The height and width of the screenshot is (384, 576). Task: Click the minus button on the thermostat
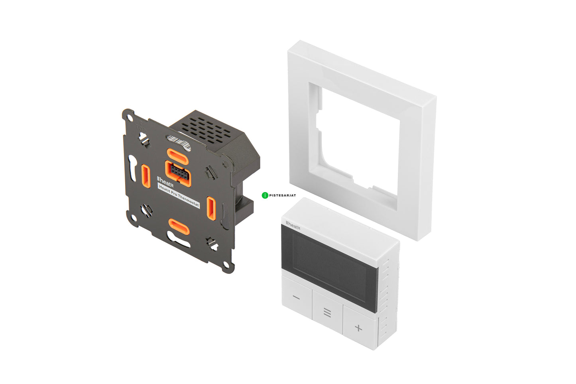point(297,298)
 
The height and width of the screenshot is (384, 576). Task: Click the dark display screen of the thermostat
point(329,268)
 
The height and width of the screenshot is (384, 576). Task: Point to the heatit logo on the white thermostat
point(293,226)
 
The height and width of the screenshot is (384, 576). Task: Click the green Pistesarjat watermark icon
point(265,195)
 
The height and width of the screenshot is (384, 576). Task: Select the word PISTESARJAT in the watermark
point(282,195)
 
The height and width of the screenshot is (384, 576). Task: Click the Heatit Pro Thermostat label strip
point(179,196)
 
